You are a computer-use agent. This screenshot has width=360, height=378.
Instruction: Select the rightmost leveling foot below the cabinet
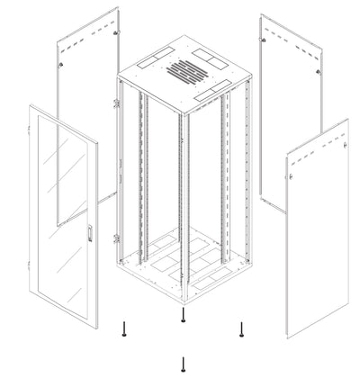[x=241, y=331]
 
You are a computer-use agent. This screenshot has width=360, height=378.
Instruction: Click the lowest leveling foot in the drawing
[x=183, y=363]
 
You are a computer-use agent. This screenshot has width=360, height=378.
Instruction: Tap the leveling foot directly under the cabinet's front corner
[x=183, y=316]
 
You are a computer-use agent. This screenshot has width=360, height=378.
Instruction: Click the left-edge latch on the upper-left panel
[x=61, y=67]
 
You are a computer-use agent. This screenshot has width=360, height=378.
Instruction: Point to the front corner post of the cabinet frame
[x=183, y=198]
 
